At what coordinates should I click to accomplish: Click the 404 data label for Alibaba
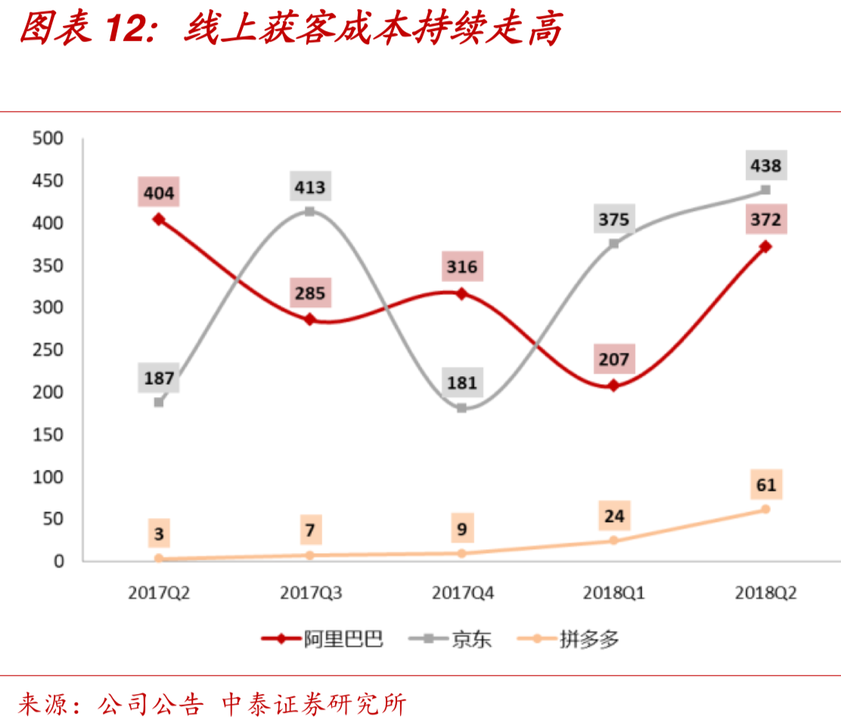159,193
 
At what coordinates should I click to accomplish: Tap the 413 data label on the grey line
310,187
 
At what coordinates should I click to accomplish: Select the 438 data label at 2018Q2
765,164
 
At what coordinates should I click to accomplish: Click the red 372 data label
765,220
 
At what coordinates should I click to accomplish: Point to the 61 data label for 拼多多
765,484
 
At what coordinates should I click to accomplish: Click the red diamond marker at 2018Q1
613,385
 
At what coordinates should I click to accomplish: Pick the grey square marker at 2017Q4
461,408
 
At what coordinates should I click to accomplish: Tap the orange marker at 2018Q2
765,509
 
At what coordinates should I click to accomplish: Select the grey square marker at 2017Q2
159,402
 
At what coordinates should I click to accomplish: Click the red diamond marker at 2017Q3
310,319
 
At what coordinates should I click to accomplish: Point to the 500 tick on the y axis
47,138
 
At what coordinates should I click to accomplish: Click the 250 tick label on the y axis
47,350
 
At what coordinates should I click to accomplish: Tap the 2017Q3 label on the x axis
310,593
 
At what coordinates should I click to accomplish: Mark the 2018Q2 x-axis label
765,593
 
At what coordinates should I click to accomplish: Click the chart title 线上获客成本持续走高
373,30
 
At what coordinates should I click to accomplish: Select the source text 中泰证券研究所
313,705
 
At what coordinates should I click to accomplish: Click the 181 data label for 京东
461,382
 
